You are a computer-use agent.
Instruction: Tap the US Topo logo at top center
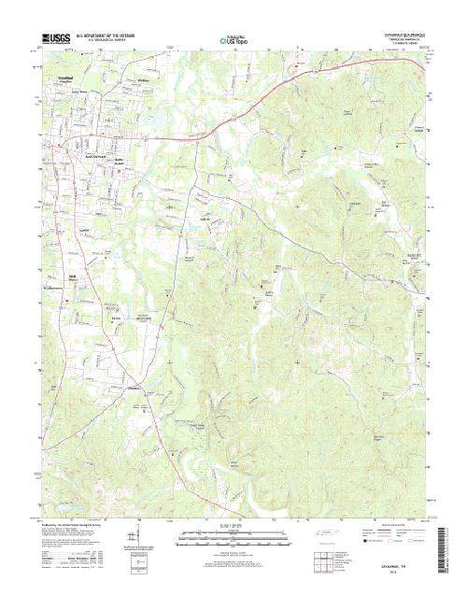click(233, 40)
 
